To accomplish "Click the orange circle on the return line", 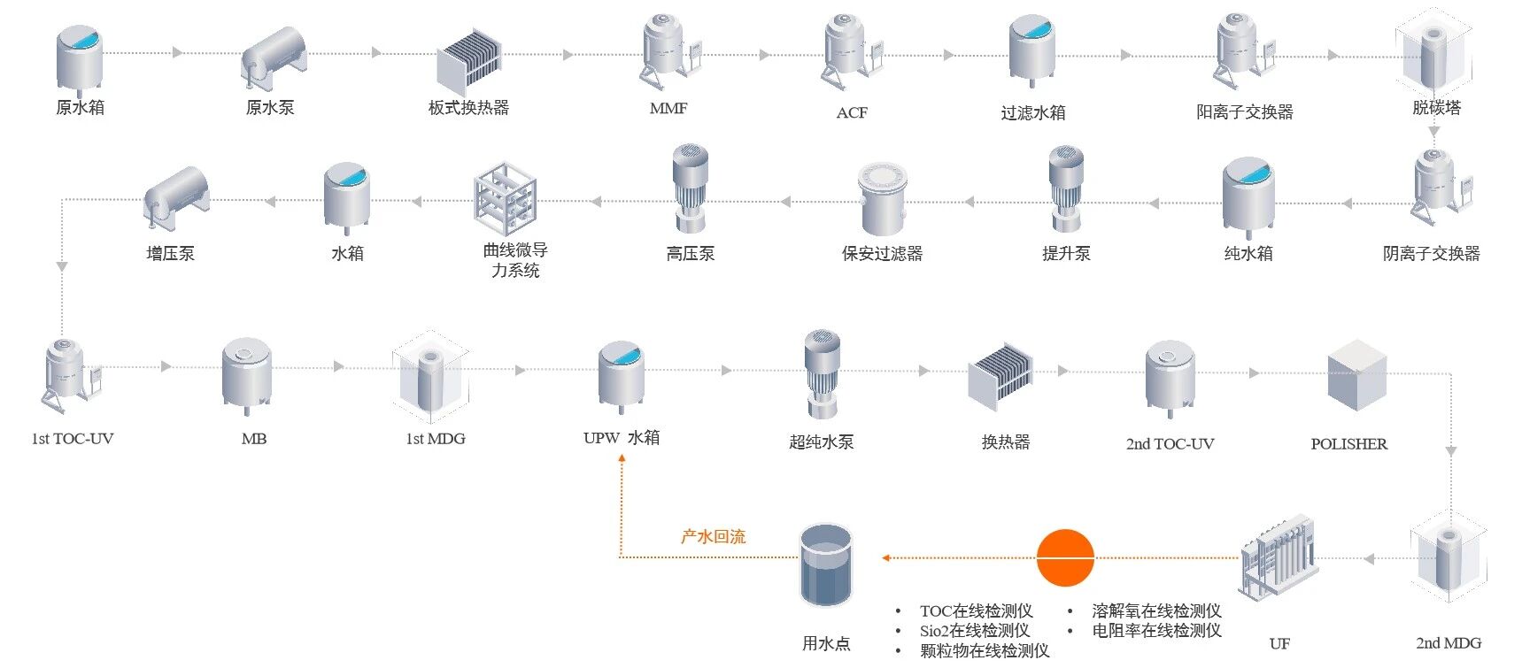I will (x=1065, y=557).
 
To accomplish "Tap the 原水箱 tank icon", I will (x=80, y=58).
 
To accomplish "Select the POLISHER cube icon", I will (x=1356, y=374).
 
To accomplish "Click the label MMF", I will (x=668, y=108).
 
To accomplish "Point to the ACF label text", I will (x=852, y=112).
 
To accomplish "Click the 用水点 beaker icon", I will (x=826, y=566).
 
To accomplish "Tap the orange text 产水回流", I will (x=713, y=536).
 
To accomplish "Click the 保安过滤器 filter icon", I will (x=882, y=198).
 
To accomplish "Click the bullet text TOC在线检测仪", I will (x=976, y=610).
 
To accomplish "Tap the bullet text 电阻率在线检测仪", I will (x=1156, y=630).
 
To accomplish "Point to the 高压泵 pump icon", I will (x=690, y=188).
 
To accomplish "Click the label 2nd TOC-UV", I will (x=1170, y=443).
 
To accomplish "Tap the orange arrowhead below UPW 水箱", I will (x=622, y=459).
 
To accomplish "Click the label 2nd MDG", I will (x=1448, y=643).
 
